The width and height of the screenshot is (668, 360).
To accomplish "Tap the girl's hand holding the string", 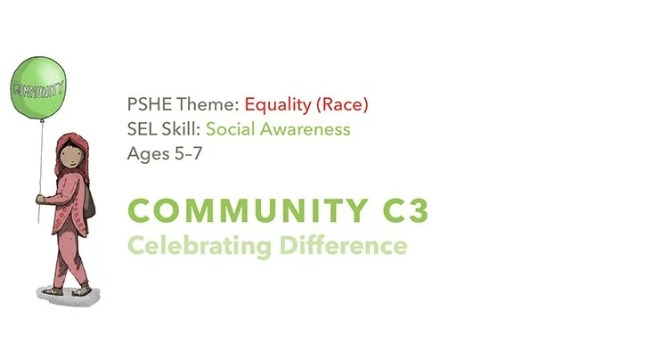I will point(39,198).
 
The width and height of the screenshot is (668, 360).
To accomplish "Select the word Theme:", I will point(193,105).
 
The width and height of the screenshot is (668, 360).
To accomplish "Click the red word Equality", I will point(274,105).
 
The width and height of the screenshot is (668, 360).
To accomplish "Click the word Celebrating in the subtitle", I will point(188,244).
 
